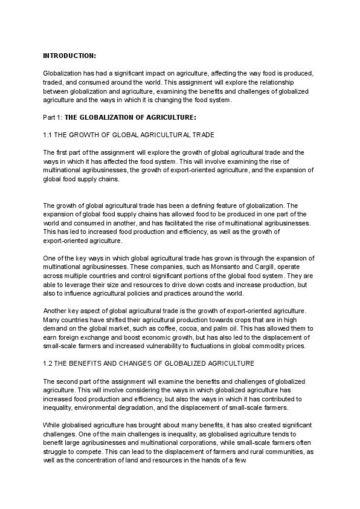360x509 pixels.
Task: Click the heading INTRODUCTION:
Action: [x=69, y=56]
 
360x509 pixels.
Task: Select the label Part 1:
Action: [x=53, y=117]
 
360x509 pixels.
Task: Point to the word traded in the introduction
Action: [x=53, y=82]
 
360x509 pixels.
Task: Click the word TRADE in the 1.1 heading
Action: [x=203, y=135]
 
